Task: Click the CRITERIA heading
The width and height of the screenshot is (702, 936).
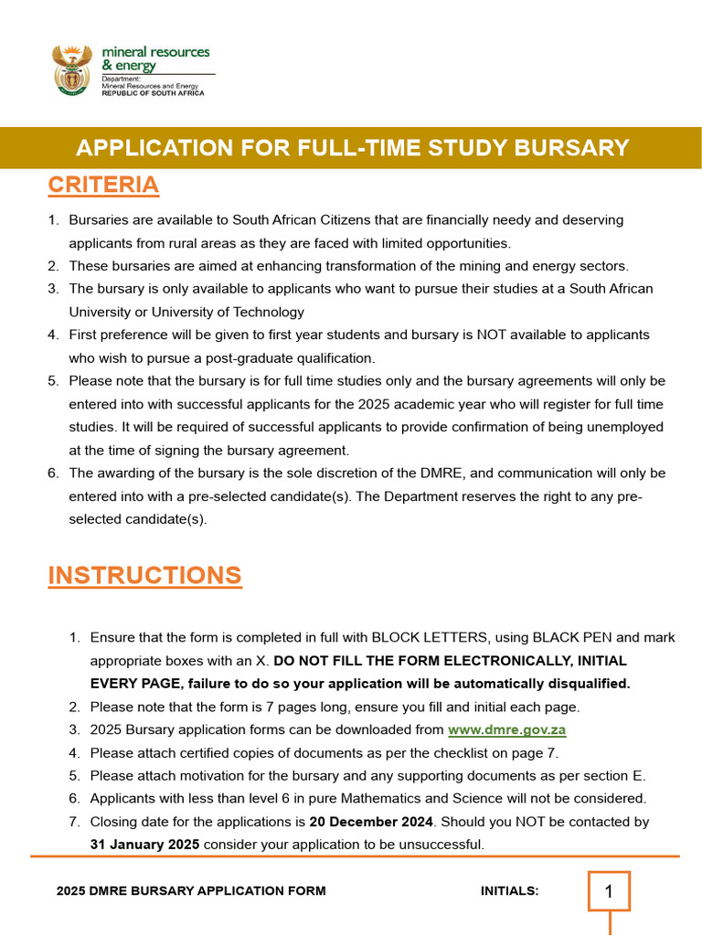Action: pyautogui.click(x=103, y=185)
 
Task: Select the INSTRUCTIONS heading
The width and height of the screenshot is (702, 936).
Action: pyautogui.click(x=144, y=575)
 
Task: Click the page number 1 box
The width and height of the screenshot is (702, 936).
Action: pyautogui.click(x=610, y=891)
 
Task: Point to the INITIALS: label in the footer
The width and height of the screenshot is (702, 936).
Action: pyautogui.click(x=509, y=891)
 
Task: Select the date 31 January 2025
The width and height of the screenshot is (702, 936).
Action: pyautogui.click(x=144, y=845)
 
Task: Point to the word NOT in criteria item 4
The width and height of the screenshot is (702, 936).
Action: pyautogui.click(x=492, y=335)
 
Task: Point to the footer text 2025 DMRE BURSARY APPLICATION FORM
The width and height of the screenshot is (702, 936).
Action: pyautogui.click(x=190, y=891)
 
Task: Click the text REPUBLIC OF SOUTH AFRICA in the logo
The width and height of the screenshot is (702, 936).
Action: pyautogui.click(x=153, y=93)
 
